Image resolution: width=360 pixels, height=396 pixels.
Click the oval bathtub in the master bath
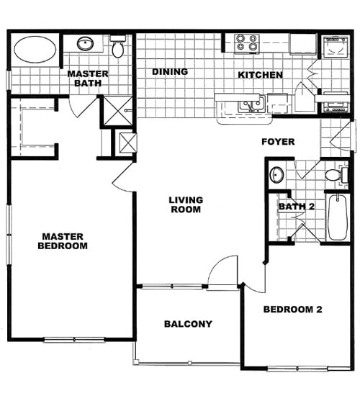pos(35,50)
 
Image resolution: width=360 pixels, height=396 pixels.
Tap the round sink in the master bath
pos(85,44)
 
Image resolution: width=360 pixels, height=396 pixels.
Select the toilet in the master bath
pos(118,46)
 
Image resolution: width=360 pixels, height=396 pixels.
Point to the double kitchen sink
pos(252,104)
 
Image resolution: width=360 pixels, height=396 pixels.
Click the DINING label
pos(170,72)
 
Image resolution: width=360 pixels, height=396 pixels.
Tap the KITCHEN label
pos(260,75)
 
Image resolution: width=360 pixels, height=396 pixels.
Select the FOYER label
pos(278,142)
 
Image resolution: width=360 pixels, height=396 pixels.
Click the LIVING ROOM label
pos(186,204)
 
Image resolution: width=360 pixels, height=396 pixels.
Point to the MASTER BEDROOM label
pos(63,241)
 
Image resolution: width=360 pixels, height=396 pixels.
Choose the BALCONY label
pos(188,324)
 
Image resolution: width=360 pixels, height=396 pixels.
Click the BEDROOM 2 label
pos(293,310)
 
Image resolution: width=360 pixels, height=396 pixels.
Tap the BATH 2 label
pos(297,207)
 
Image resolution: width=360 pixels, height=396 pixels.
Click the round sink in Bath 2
pos(276,174)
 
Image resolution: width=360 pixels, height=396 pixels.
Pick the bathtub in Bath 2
pos(337,217)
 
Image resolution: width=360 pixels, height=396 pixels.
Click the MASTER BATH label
pos(88,78)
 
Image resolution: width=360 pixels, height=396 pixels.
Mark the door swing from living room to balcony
pos(222,270)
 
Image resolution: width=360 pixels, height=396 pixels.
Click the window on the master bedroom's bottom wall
pos(74,340)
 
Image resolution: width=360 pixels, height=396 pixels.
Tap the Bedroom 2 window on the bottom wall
pos(297,369)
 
